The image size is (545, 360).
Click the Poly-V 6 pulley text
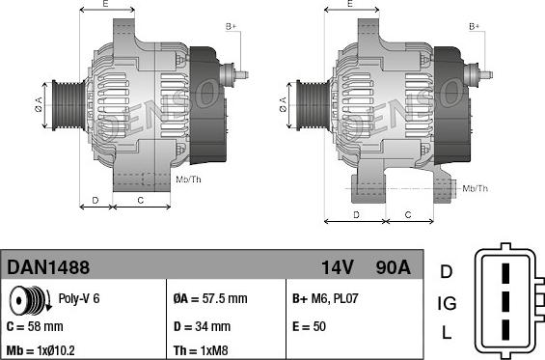click(x=79, y=298)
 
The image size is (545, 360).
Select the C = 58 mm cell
click(x=35, y=326)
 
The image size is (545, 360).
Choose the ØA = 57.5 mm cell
click(x=209, y=298)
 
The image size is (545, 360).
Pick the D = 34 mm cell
click(x=202, y=326)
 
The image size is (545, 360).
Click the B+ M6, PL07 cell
click(x=324, y=298)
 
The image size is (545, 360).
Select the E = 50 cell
click(x=309, y=326)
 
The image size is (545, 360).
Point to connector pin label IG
click(x=446, y=303)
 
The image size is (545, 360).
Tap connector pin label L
click(x=446, y=334)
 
